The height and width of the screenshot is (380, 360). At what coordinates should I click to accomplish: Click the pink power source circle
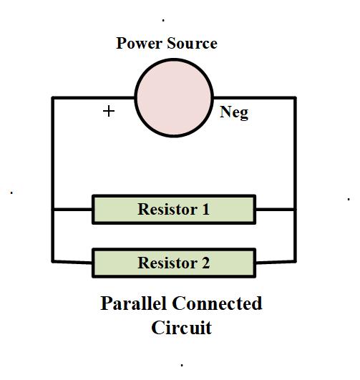click(174, 97)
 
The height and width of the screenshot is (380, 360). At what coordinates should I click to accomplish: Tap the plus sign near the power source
click(109, 111)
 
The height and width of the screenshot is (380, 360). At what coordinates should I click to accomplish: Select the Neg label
click(234, 112)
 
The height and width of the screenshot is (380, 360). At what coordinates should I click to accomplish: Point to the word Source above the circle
click(193, 44)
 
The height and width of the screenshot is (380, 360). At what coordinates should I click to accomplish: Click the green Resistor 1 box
click(174, 210)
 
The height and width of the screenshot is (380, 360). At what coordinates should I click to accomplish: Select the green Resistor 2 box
click(174, 263)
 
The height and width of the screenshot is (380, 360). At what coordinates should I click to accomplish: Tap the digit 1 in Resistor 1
click(205, 210)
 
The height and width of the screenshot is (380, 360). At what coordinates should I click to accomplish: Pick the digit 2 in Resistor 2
click(205, 263)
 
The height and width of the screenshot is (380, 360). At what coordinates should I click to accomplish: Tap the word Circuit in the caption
click(181, 328)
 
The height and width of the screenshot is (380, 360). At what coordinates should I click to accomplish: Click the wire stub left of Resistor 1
click(72, 210)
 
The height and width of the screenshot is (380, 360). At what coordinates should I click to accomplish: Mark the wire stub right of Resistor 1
click(275, 210)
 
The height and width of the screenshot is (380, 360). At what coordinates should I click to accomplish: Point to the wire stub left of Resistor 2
click(72, 261)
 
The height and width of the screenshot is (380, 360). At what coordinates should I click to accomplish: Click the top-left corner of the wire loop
click(53, 97)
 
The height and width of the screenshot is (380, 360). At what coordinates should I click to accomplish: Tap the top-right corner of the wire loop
click(295, 97)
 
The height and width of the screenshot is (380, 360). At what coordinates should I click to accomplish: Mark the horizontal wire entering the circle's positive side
click(93, 97)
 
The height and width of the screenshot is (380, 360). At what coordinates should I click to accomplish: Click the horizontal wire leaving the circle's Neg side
click(254, 97)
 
